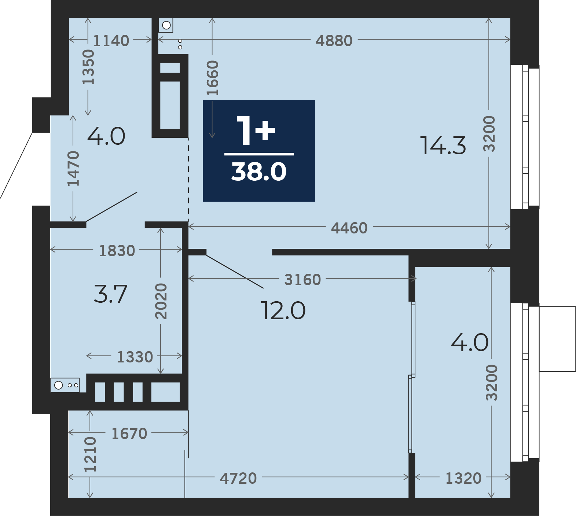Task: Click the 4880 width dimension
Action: pos(334,40)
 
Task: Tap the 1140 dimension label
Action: pos(111,40)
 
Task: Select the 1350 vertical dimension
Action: pos(88,67)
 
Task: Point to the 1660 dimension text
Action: pos(212,78)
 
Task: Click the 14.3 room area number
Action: pos(443,145)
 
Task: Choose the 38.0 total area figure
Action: pos(259,172)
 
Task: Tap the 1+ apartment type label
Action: pos(256,130)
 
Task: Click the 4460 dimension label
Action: pos(349,228)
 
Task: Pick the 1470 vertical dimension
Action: pos(73,168)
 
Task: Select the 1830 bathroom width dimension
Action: pos(117,251)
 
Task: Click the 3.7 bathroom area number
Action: pos(110,294)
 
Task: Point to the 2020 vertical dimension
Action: pos(161,301)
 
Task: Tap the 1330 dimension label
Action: pos(135,357)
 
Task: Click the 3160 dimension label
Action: pos(303,280)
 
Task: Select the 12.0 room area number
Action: pos(283,311)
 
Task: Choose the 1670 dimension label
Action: pos(129,434)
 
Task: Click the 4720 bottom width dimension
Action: pos(238,478)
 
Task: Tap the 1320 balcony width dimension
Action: pos(463,478)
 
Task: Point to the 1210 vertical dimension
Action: pos(90,454)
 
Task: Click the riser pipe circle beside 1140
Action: pos(166,25)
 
